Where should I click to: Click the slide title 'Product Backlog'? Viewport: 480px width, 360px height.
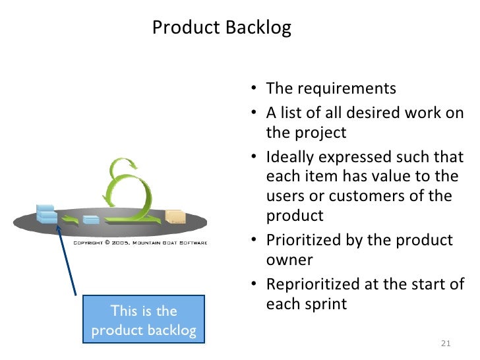221,28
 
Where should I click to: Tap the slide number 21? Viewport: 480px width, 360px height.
444,344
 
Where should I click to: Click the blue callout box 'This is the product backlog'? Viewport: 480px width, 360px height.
144,320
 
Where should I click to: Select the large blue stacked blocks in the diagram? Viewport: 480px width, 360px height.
47,214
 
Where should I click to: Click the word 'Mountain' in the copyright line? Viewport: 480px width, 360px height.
148,243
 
